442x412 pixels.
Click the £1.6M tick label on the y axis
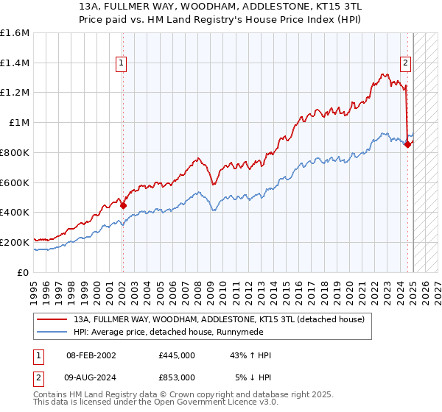[15, 33]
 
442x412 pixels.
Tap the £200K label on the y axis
[15, 241]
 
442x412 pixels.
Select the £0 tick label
[24, 271]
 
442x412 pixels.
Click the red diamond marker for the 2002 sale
[122, 206]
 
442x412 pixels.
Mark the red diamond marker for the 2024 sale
[407, 145]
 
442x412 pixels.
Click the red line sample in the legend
[51, 319]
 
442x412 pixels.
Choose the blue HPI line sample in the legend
[51, 333]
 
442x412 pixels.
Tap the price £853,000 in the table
[177, 377]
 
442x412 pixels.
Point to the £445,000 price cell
[177, 356]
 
